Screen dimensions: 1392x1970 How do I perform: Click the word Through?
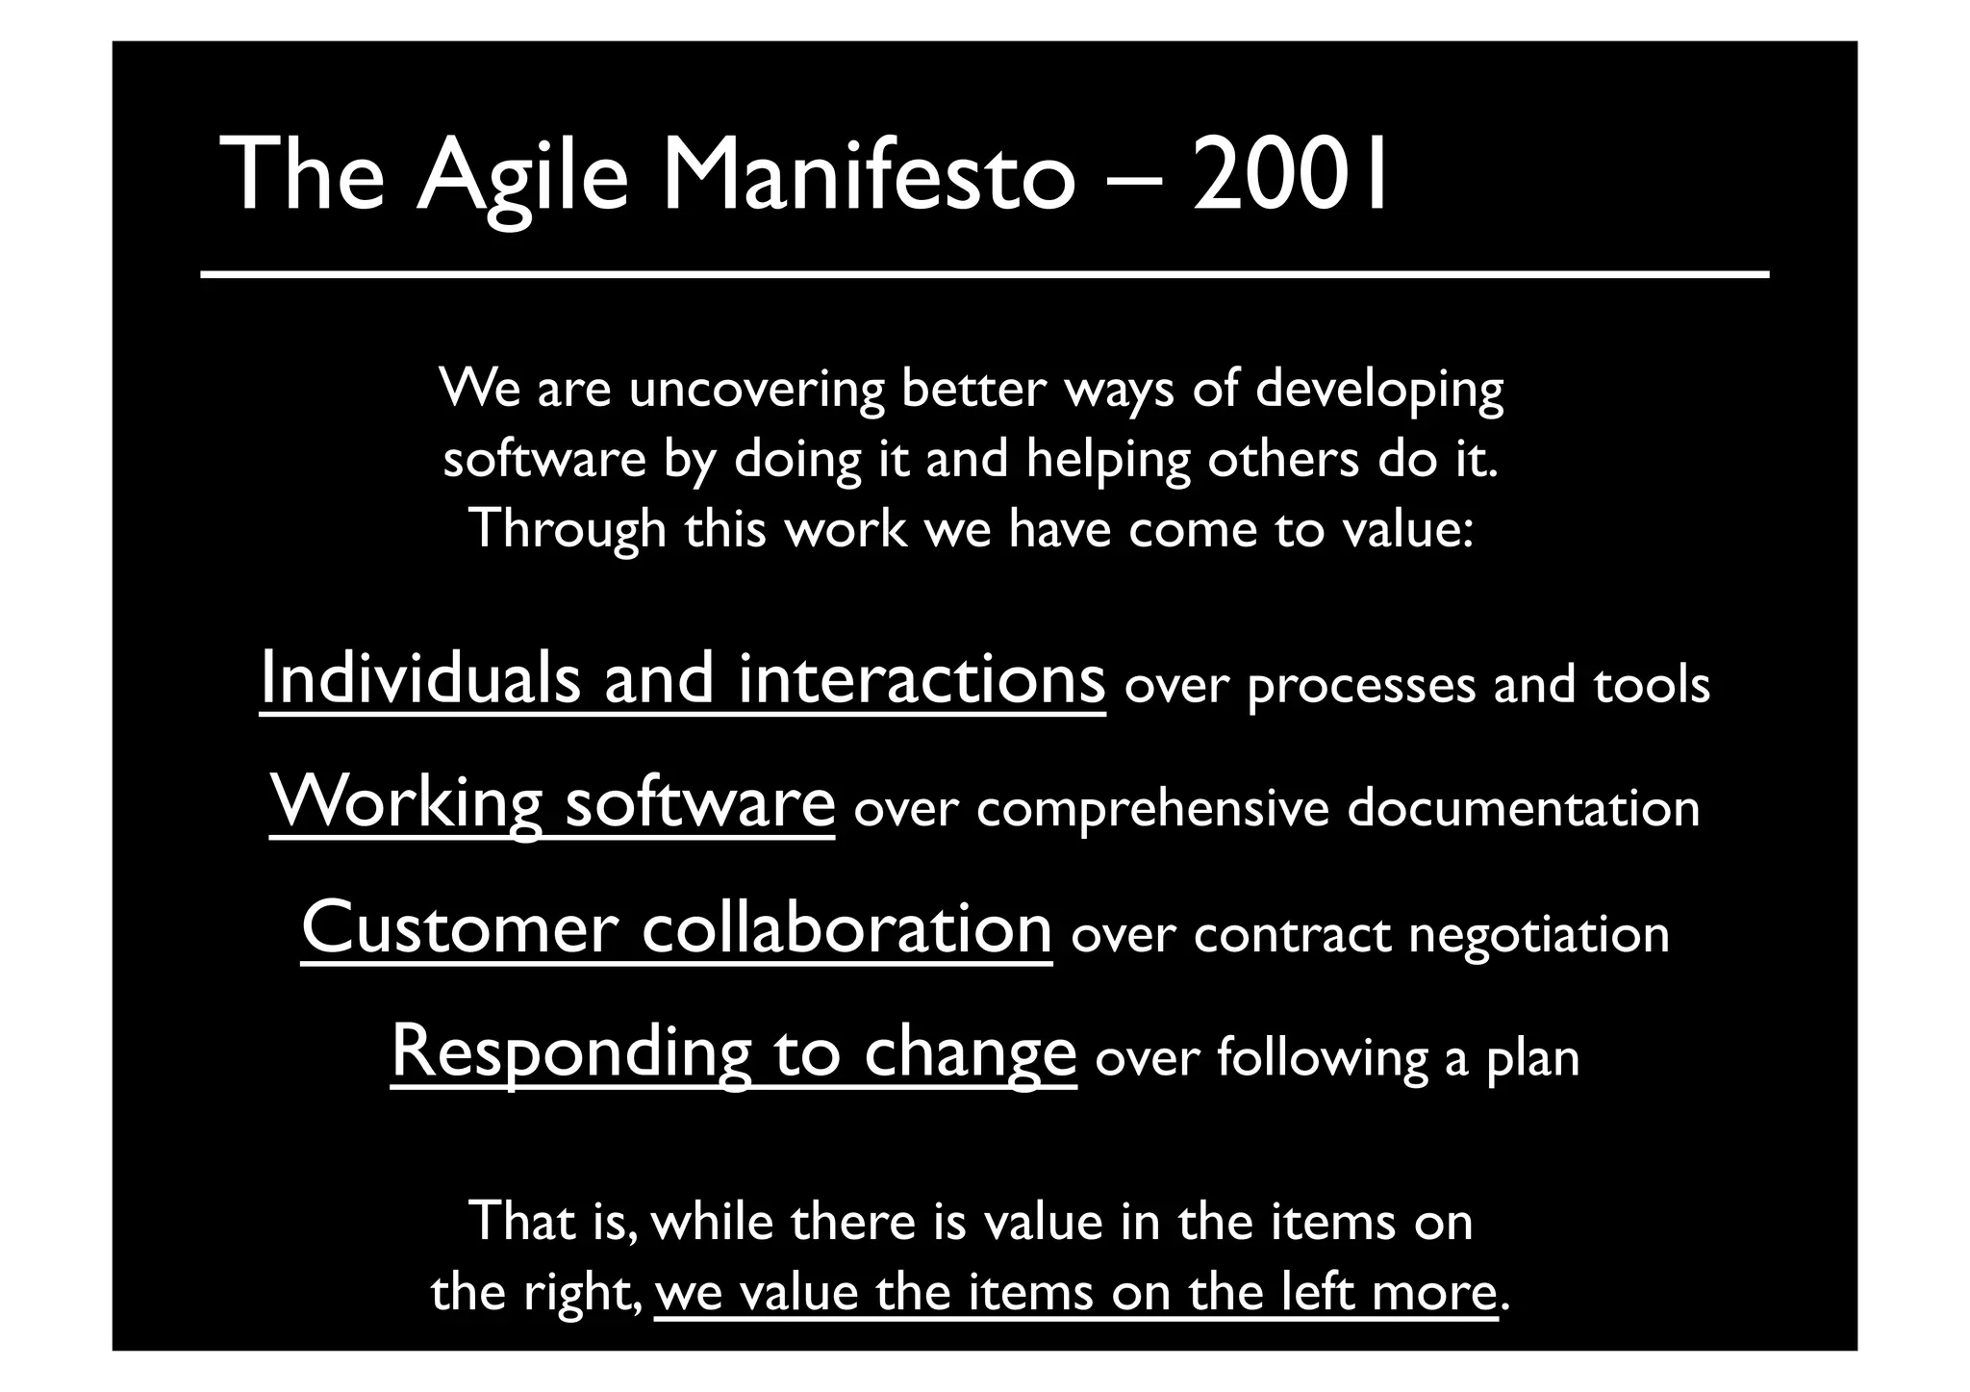click(568, 530)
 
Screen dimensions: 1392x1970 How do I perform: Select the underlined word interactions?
click(922, 678)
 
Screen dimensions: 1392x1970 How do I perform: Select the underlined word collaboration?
click(846, 927)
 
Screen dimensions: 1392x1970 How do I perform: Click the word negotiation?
click(1539, 935)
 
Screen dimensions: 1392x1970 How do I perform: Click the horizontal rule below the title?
click(984, 275)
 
